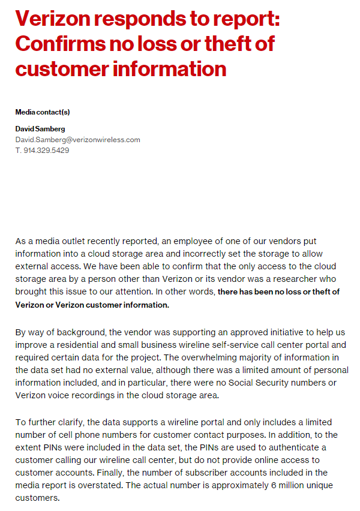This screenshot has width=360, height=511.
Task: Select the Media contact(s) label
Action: point(43,112)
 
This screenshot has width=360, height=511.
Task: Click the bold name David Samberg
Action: point(40,129)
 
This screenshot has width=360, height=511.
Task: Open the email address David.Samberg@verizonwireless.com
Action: point(77,140)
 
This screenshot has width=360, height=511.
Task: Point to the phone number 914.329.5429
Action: point(46,151)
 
